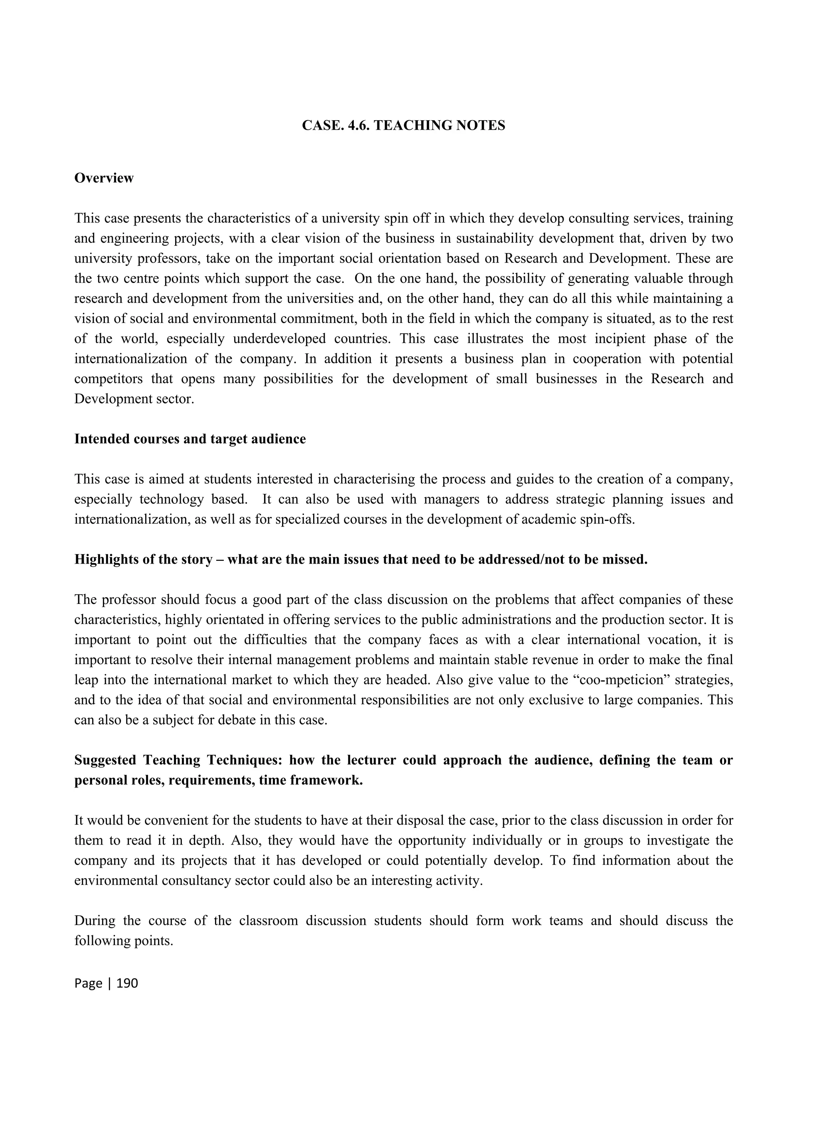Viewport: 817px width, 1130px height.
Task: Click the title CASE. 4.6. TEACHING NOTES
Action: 403,126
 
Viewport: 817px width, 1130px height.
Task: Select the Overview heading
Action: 104,178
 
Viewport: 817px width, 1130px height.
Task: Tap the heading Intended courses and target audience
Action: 189,439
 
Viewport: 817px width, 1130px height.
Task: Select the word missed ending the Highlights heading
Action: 624,560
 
